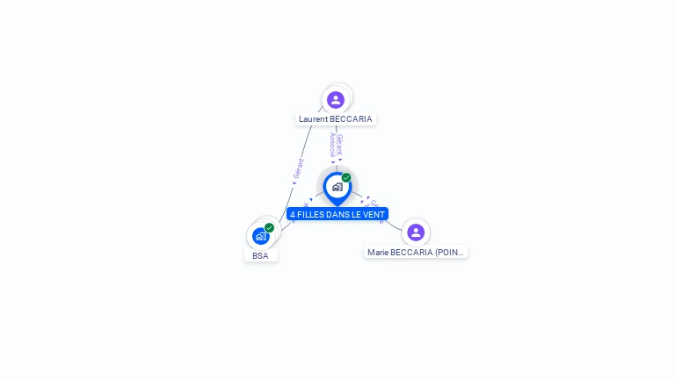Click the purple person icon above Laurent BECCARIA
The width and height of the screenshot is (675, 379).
(335, 99)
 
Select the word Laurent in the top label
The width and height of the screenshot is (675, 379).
(314, 119)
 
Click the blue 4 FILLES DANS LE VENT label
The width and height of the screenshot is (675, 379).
(337, 214)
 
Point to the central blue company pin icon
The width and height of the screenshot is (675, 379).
(337, 187)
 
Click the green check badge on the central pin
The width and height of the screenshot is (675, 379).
(346, 177)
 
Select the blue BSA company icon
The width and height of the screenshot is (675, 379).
(260, 236)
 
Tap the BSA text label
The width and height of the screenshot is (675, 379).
(260, 256)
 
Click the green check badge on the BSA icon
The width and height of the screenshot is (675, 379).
(269, 227)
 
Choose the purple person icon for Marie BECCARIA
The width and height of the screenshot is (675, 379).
(416, 232)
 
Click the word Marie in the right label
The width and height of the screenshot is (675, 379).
(379, 253)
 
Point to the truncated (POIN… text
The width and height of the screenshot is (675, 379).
(448, 253)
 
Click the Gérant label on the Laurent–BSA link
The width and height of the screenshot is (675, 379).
(299, 169)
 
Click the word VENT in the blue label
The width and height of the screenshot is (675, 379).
(374, 214)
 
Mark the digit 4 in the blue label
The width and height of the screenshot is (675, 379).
(293, 214)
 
